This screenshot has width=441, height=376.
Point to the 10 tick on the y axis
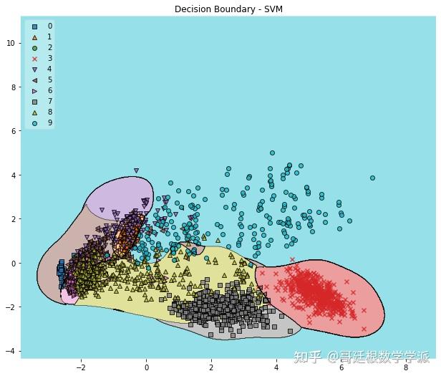[11, 43]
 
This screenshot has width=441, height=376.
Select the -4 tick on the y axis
[11, 351]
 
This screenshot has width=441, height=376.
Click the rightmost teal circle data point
[372, 178]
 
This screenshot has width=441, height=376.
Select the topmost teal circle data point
[272, 153]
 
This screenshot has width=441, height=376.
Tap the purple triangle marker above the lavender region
[136, 171]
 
